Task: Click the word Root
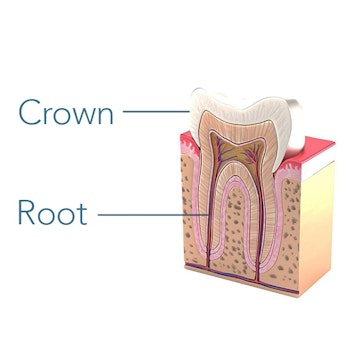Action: tap(52, 212)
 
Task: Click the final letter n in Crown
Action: tap(104, 114)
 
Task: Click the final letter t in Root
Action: tap(82, 213)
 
